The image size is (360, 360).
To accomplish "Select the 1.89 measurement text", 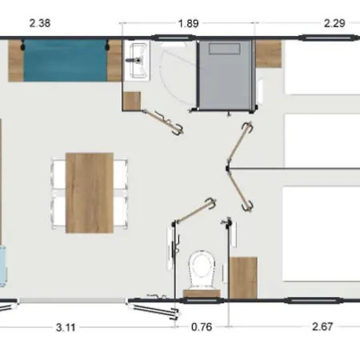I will (187, 23).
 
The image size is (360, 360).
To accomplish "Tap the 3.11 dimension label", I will (67, 326).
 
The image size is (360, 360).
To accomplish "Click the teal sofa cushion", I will (62, 62).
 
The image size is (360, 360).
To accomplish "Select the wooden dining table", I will (90, 191).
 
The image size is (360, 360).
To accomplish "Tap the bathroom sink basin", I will (138, 57).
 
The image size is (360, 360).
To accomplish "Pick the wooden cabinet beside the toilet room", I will (244, 277).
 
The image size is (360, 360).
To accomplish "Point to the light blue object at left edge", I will (3, 266).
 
